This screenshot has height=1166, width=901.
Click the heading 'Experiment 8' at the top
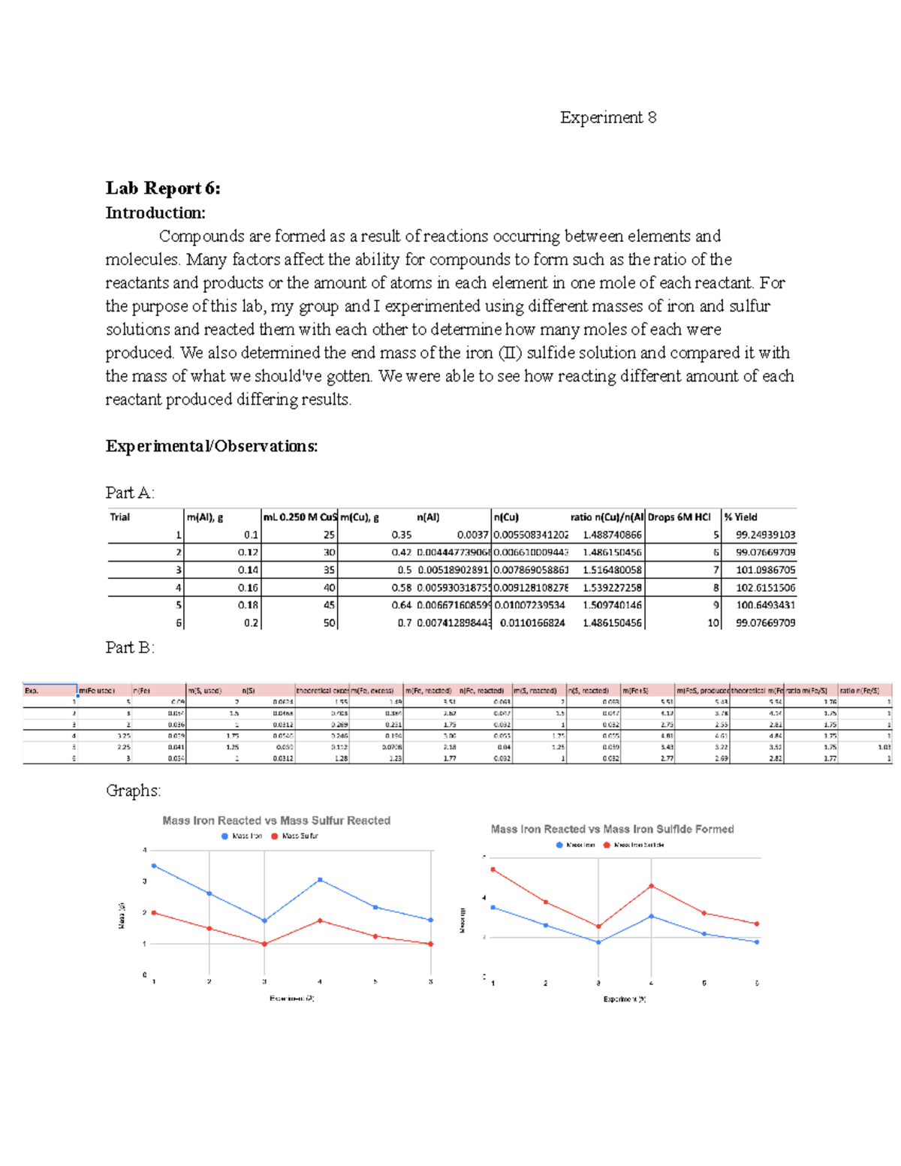pos(607,117)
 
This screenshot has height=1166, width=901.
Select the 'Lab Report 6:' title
pos(163,188)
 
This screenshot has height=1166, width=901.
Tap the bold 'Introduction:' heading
pos(155,212)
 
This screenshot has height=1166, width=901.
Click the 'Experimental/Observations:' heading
pos(212,446)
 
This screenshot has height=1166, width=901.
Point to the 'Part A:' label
pos(130,493)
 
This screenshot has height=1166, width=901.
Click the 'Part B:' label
pos(130,647)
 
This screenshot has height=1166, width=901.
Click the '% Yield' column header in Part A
pos(741,517)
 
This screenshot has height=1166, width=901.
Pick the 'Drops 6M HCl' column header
pos(680,517)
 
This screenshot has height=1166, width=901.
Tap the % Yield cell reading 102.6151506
pos(765,588)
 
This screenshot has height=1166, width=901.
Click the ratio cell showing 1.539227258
pos(612,588)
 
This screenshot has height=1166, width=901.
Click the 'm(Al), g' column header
pos(205,517)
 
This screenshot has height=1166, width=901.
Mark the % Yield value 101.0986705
pos(765,570)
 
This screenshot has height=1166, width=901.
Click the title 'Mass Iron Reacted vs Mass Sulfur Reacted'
pos(276,821)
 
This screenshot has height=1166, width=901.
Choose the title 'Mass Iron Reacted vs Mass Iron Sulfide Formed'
pos(612,829)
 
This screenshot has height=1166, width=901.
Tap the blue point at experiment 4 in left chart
pos(320,879)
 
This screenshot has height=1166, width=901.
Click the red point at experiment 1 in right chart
pos(493,869)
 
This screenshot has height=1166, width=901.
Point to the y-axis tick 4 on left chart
pos(145,850)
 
